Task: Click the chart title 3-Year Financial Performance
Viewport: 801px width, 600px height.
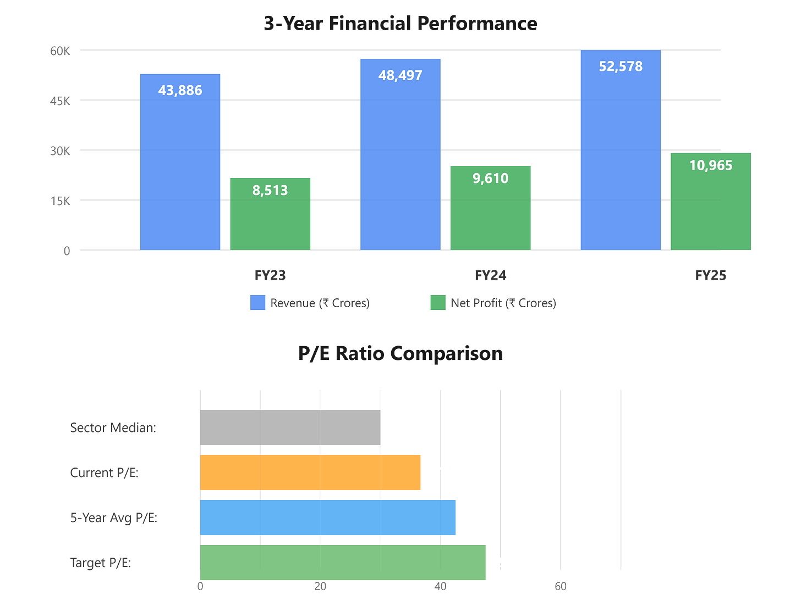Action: pyautogui.click(x=400, y=24)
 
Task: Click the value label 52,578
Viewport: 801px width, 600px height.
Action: pyautogui.click(x=621, y=66)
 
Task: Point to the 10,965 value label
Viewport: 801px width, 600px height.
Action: pyautogui.click(x=711, y=165)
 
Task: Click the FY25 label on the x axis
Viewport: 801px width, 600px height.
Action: pyautogui.click(x=711, y=275)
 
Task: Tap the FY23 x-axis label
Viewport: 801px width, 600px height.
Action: pyautogui.click(x=270, y=275)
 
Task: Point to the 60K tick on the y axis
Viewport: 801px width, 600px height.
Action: pyautogui.click(x=61, y=51)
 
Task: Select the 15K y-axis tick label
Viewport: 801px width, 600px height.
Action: pyautogui.click(x=61, y=201)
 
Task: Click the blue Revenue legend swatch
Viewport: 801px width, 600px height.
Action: pyautogui.click(x=257, y=303)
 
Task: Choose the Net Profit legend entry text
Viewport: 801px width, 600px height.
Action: pyautogui.click(x=503, y=303)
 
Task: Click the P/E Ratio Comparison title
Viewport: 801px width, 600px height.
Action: pyautogui.click(x=400, y=353)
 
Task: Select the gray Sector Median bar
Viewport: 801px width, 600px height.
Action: pyautogui.click(x=290, y=427)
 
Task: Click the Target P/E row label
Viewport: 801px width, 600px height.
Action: pyautogui.click(x=101, y=563)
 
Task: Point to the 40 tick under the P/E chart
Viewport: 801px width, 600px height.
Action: pyautogui.click(x=440, y=587)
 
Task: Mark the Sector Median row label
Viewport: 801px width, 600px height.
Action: pyautogui.click(x=113, y=427)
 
